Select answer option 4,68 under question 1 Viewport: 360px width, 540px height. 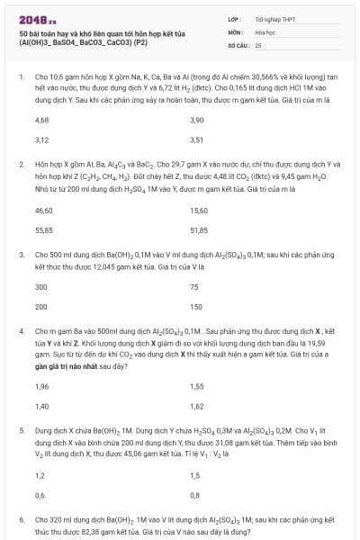41,120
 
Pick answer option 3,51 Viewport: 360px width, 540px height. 197,139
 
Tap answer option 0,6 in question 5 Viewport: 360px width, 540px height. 40,494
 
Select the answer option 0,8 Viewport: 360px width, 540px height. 195,494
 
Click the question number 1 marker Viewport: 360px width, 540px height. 20,77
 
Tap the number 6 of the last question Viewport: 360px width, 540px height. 20,520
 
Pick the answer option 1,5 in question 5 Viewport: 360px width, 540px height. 195,474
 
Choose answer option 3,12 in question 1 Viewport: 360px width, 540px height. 41,139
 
